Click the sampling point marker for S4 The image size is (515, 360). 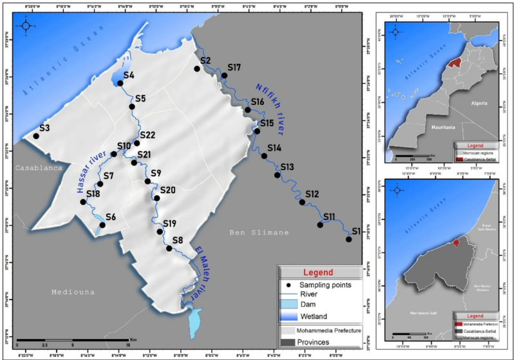120,83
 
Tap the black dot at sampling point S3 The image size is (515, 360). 36,136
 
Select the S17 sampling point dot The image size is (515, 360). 225,76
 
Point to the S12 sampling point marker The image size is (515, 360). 303,202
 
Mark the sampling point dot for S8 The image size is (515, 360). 169,248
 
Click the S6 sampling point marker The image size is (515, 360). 102,225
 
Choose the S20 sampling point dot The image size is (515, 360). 157,198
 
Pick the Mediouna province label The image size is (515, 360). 73,292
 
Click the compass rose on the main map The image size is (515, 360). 25,26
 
